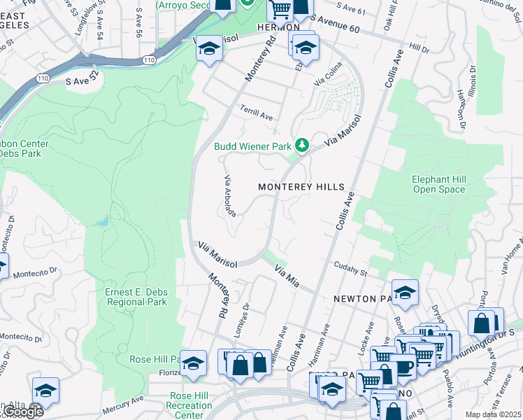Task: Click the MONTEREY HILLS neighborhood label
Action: [x=301, y=187]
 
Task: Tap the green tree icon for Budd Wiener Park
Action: [x=302, y=146]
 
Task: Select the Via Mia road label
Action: [x=287, y=275]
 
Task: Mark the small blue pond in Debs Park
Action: [x=103, y=221]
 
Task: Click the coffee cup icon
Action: [x=403, y=366]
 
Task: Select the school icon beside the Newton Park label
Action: [x=404, y=293]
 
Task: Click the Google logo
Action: [x=23, y=412]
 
